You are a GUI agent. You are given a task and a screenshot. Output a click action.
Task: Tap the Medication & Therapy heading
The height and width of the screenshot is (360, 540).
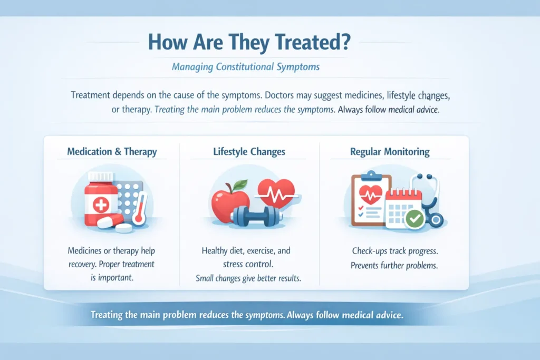coord(112,152)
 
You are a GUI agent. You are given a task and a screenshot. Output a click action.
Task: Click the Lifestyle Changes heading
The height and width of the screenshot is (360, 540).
coord(249,152)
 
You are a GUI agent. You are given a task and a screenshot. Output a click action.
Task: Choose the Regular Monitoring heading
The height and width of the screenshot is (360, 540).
coord(390,152)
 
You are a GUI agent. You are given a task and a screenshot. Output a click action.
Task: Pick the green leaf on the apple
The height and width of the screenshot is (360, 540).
coord(240,184)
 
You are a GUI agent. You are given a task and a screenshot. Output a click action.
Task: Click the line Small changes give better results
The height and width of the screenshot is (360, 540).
coord(248,278)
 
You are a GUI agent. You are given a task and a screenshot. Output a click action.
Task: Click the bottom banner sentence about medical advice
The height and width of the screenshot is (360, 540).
coord(247,315)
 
